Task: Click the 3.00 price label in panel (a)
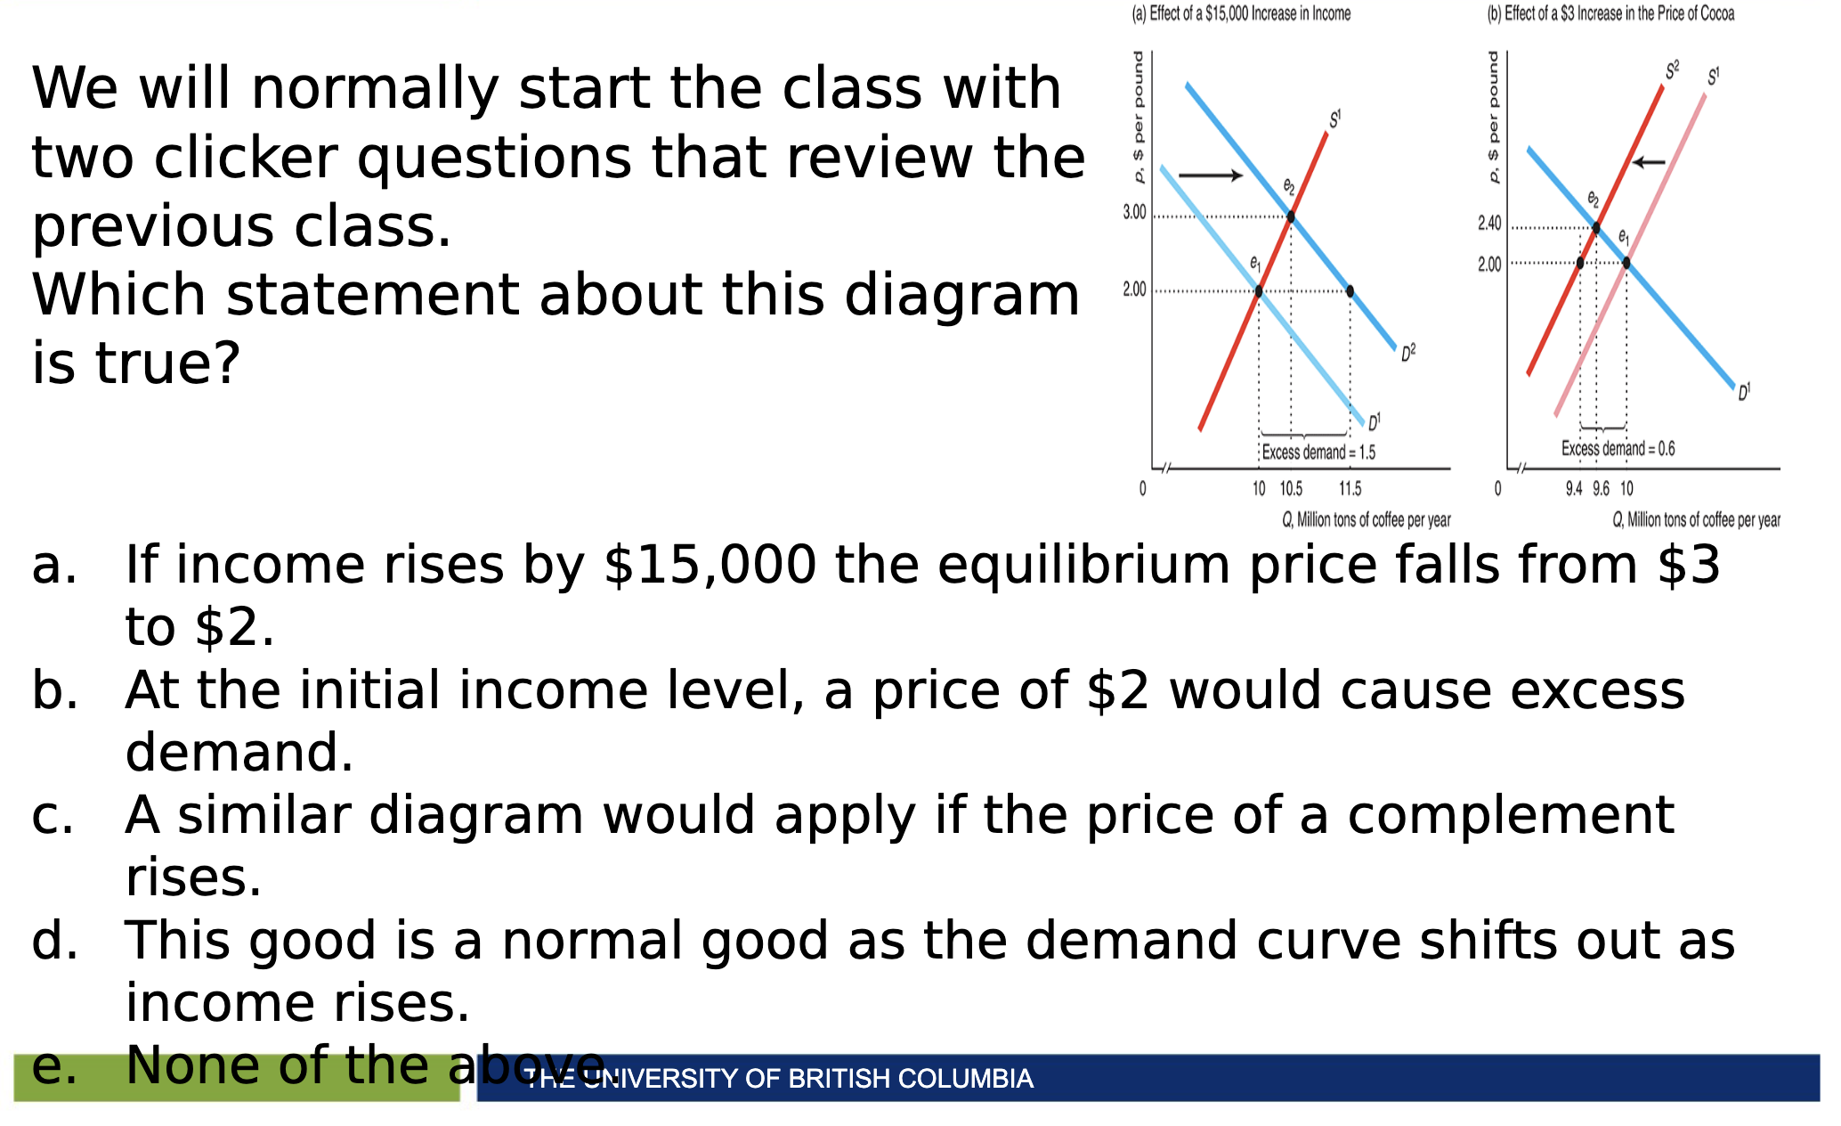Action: pos(1134,212)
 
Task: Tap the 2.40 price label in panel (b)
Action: pos(1489,223)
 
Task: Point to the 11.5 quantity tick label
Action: pos(1350,488)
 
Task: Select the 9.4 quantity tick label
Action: pos(1575,488)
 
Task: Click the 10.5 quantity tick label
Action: pos(1291,488)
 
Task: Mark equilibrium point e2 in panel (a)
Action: pos(1291,216)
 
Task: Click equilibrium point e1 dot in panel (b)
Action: pos(1626,263)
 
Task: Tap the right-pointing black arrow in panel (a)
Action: pos(1211,175)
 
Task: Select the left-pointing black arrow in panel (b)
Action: pos(1649,162)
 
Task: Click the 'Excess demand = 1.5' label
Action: pos(1318,453)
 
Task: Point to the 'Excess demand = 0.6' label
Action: pos(1618,448)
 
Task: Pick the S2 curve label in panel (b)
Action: pos(1673,69)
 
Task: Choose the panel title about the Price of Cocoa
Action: pos(1611,13)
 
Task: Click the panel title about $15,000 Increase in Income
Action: pos(1241,13)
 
